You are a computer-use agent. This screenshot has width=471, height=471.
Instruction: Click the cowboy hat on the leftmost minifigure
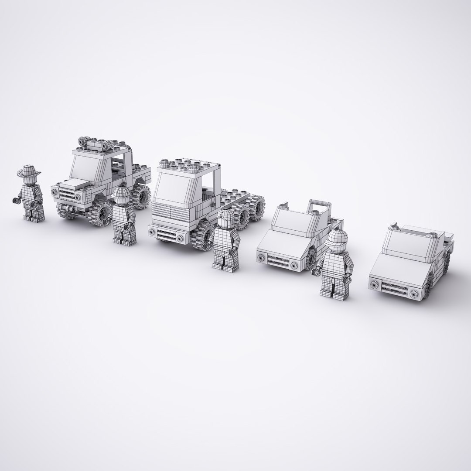click(x=29, y=171)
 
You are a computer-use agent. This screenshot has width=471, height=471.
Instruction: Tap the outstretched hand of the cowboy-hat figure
click(x=17, y=201)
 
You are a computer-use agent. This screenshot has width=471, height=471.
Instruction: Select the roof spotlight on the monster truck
click(x=82, y=140)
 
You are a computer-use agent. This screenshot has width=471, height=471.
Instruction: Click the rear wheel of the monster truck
click(x=141, y=198)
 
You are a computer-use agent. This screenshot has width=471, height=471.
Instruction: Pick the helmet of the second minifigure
click(x=122, y=192)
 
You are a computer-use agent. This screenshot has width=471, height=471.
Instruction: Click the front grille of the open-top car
click(x=277, y=260)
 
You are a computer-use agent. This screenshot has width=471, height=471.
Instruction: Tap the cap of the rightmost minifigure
click(x=338, y=238)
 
